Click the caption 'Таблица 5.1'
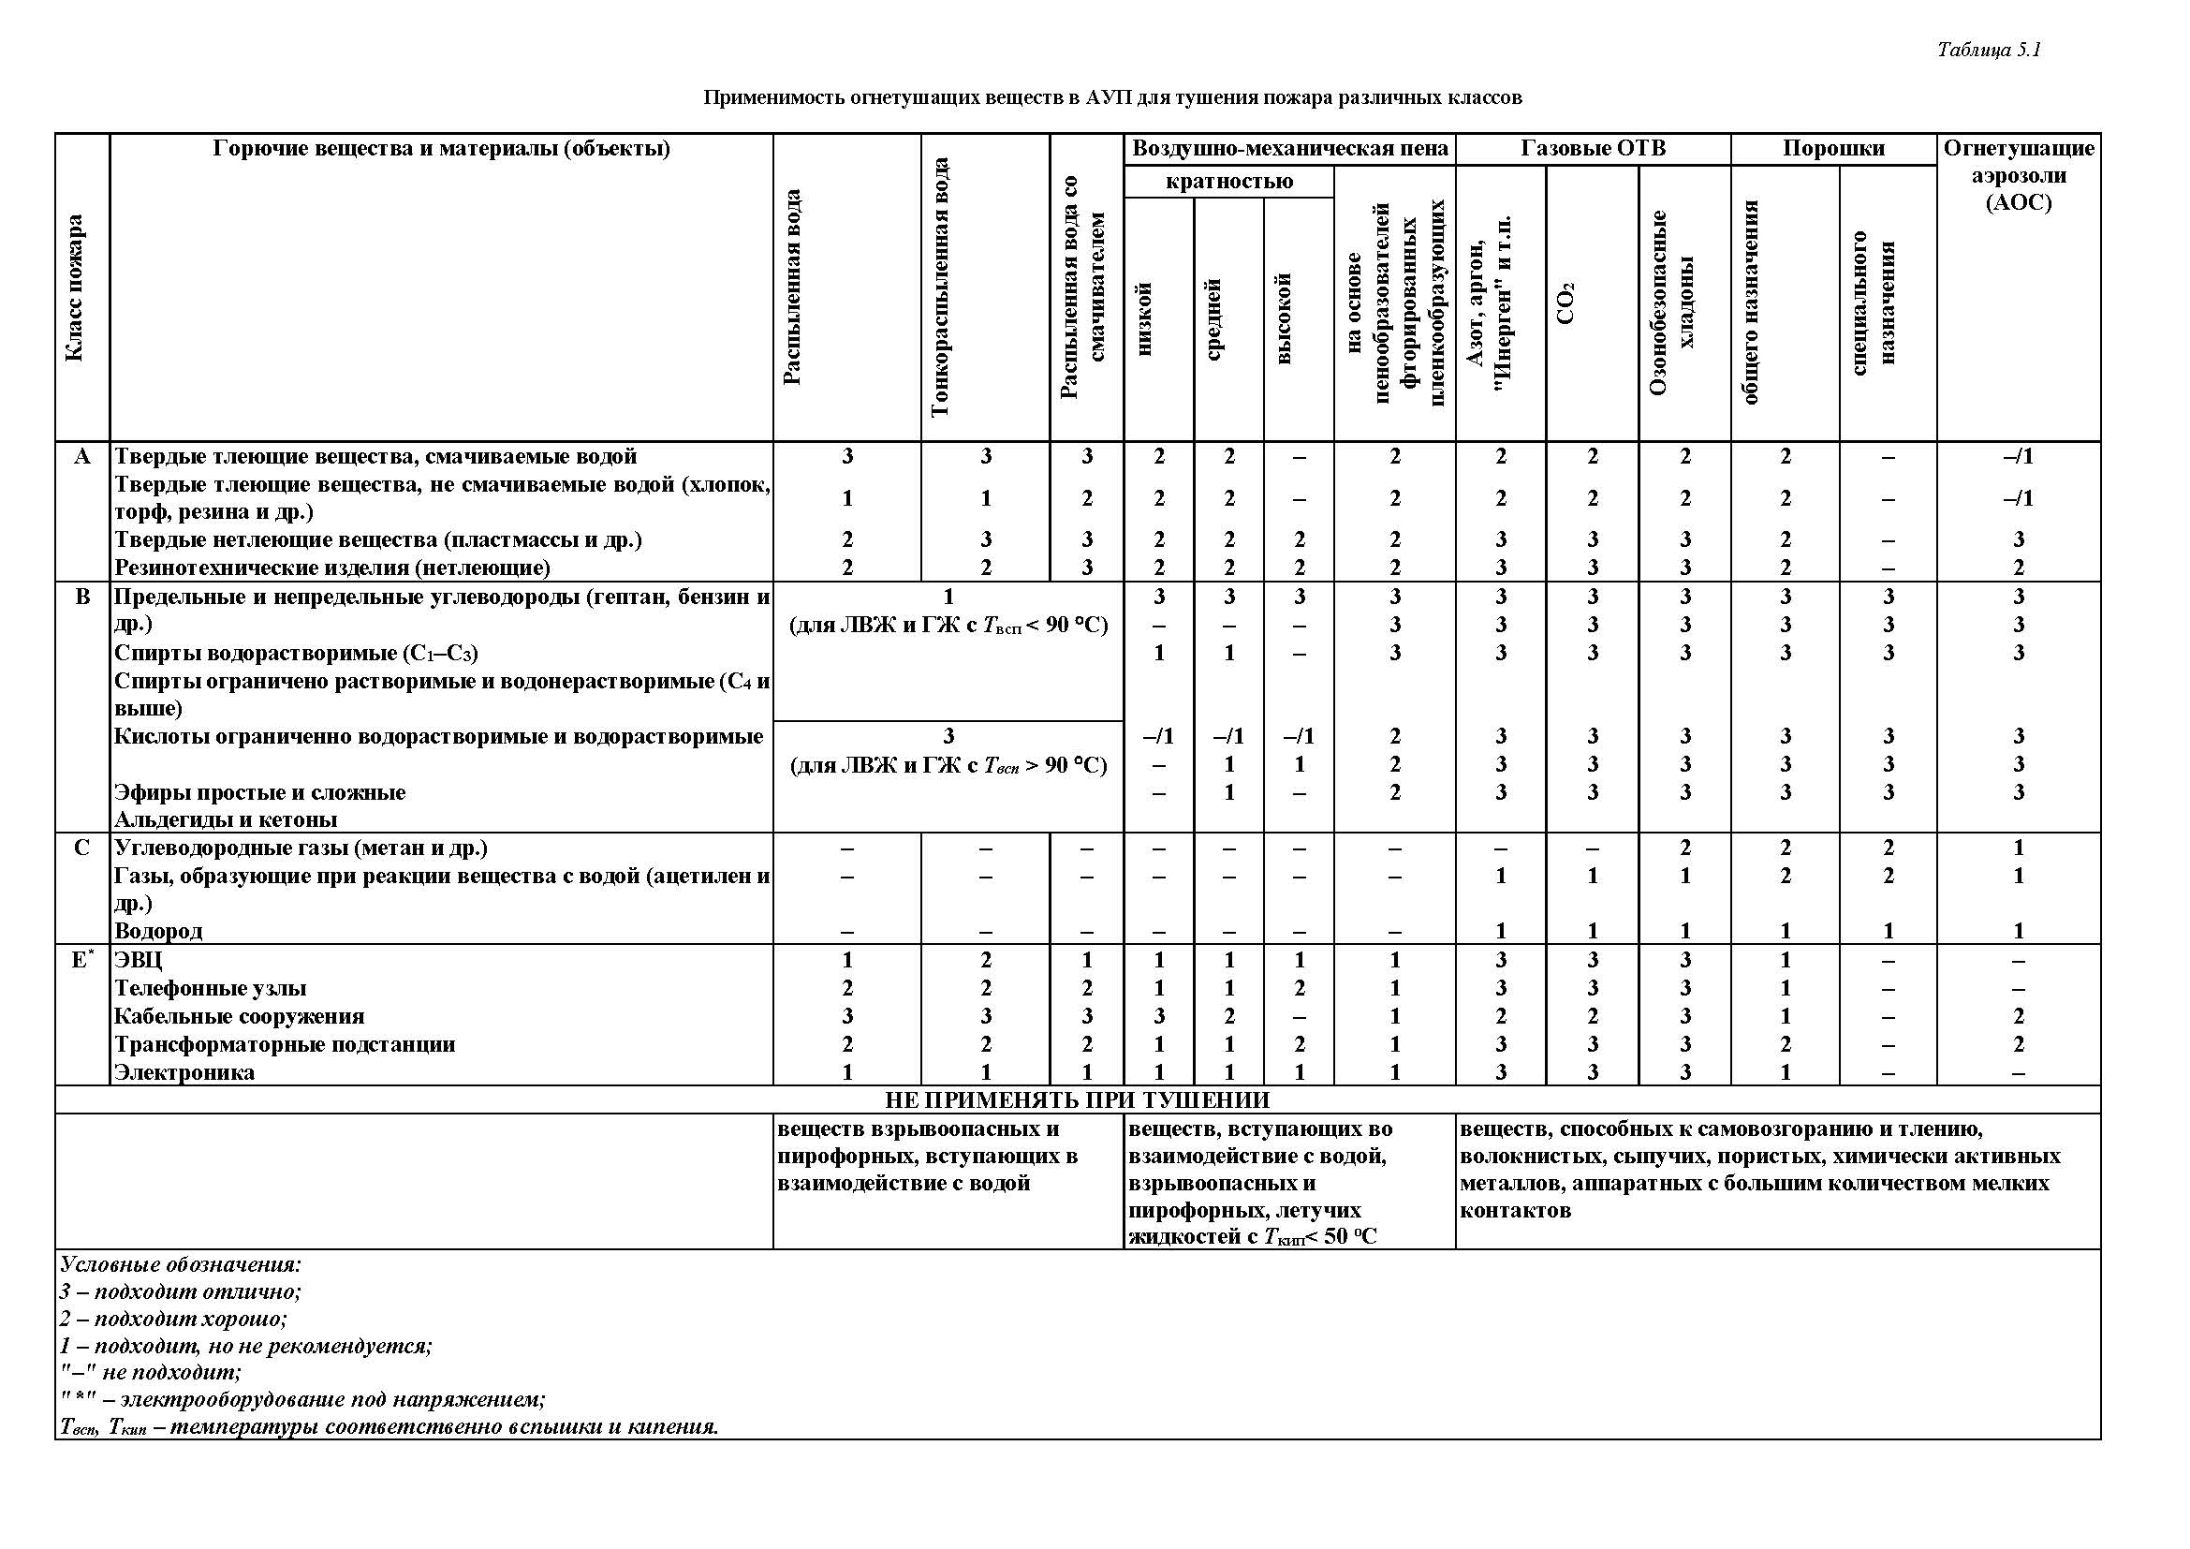1989,51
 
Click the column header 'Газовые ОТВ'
1593,149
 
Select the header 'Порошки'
1833,149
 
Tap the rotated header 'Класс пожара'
74,288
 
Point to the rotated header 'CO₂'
1565,303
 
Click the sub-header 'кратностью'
1228,182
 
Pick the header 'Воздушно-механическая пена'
1289,149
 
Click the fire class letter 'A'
82,457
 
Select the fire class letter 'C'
82,848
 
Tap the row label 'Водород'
158,931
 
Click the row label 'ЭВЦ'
139,960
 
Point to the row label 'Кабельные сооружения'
240,1016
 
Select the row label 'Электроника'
184,1072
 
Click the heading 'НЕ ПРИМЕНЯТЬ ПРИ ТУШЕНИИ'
1077,1099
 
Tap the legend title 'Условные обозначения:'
181,1264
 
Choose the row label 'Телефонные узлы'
210,988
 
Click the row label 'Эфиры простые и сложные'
259,792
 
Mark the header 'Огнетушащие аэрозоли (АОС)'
2019,175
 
